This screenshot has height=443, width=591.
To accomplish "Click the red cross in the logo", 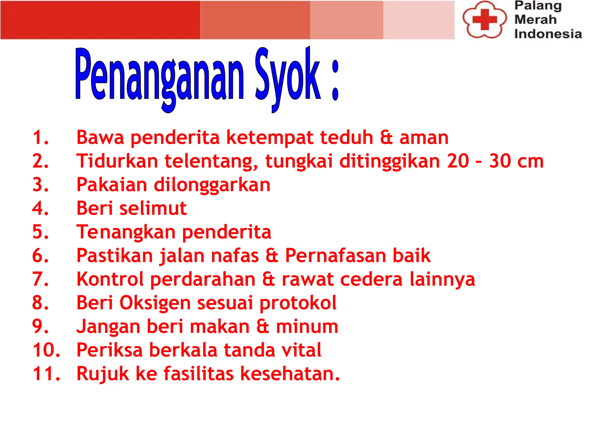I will tap(485, 20).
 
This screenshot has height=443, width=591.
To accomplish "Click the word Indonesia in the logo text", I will tap(548, 34).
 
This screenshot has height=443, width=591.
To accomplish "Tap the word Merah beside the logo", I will tap(535, 20).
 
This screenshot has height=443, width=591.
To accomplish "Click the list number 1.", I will tap(40, 137).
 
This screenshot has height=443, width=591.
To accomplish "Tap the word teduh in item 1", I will tap(346, 137).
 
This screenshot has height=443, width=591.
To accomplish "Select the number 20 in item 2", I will tap(458, 161).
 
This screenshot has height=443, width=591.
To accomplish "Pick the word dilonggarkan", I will tap(212, 185).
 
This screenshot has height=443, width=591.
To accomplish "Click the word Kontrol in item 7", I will tap(110, 279).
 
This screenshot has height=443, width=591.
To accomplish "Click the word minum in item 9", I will tap(307, 327).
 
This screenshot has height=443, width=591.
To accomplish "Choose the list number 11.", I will tap(46, 374).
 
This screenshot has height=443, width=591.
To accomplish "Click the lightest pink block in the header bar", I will tap(419, 20).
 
